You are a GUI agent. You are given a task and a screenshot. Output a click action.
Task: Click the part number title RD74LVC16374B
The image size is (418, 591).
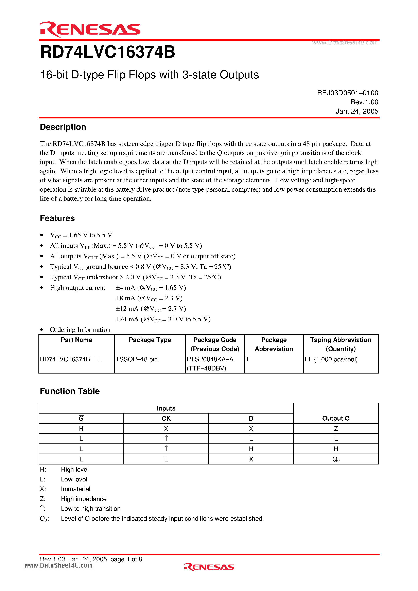pos(108,52)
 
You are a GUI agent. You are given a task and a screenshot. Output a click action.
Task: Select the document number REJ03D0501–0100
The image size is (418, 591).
pos(347,93)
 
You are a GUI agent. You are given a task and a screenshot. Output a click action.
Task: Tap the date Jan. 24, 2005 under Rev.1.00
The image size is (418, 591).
pos(357,111)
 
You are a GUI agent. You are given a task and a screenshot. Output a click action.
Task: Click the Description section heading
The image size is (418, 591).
pos(63,127)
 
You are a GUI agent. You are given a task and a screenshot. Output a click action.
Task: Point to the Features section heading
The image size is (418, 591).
pos(57,218)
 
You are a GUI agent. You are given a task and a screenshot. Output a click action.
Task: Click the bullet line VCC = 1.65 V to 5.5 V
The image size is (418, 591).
pos(81,235)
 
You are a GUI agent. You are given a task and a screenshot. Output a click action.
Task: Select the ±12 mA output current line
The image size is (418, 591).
pos(151,309)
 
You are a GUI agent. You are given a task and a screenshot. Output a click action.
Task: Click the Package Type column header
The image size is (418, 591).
pos(150,340)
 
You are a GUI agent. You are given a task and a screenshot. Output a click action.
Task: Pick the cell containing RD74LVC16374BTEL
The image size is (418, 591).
pos(71,359)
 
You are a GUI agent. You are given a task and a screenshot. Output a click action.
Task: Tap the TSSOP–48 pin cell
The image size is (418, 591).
pos(136,359)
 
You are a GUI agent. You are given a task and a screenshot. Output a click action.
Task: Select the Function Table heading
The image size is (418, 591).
pos(70,391)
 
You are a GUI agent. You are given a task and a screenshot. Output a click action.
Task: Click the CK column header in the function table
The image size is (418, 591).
pos(166,418)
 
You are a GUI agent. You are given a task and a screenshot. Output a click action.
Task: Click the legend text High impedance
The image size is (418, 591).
pos(84,499)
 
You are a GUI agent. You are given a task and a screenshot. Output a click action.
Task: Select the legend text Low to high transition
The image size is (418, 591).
pos(90,509)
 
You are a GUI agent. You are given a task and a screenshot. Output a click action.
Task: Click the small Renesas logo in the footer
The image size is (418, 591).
pos(209,567)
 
